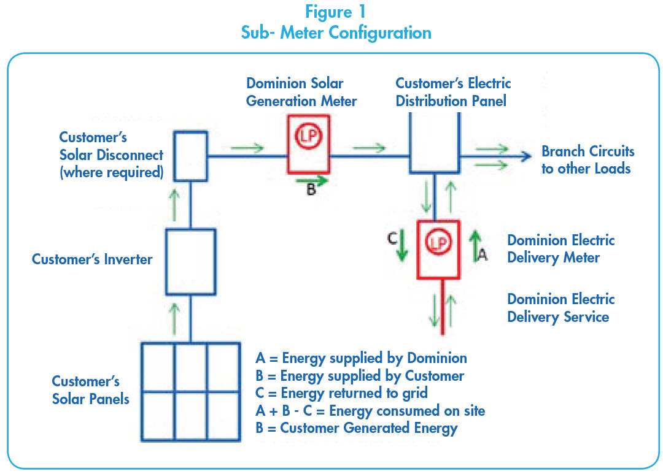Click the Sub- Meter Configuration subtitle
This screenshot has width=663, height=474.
pos(336,32)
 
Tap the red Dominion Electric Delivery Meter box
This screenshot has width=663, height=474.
pos(438,250)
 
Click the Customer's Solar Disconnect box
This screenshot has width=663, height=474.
pos(191,156)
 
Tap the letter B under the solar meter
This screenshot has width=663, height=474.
pos(311,190)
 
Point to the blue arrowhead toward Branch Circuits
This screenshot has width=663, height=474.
pos(525,156)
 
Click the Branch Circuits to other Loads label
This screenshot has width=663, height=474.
pos(587,160)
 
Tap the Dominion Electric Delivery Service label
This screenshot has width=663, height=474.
pos(560,308)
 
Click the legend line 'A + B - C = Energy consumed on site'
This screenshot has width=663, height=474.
pos(370,410)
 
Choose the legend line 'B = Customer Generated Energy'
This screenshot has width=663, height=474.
pos(356,428)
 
